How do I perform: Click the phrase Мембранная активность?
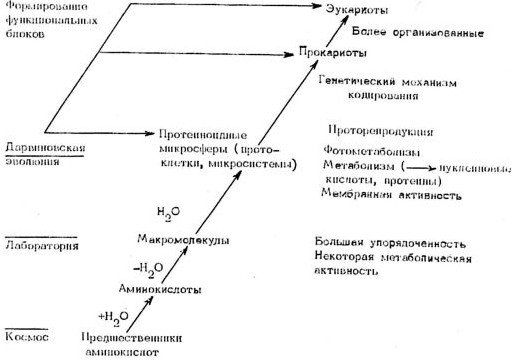pyautogui.click(x=391, y=195)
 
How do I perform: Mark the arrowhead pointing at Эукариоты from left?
pyautogui.click(x=319, y=10)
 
